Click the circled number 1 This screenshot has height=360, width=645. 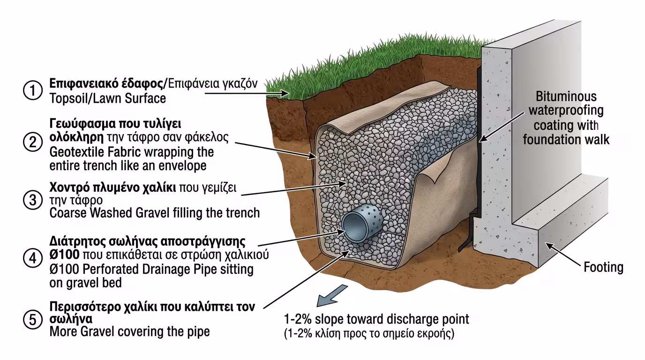(x=32, y=91)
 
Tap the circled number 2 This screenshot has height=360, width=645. (x=32, y=142)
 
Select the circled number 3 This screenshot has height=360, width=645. (x=32, y=201)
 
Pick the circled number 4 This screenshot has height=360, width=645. (x=32, y=258)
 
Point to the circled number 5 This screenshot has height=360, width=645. (x=32, y=320)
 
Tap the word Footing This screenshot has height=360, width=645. (x=603, y=268)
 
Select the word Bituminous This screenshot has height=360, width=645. (x=566, y=97)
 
